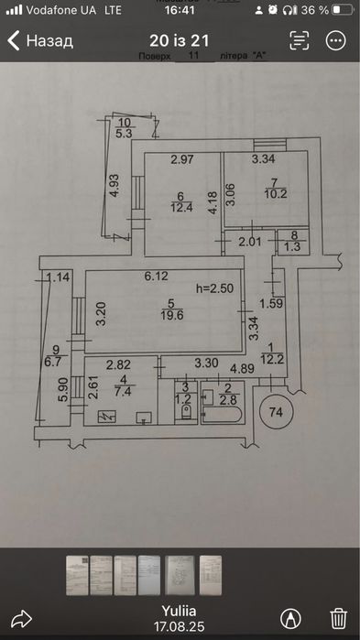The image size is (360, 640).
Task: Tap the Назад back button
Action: pos(40,41)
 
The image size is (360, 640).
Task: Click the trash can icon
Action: pos(338,619)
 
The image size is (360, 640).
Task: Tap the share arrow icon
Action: pos(21,619)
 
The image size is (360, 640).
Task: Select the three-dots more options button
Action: pos(336,40)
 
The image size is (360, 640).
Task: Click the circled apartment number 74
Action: pos(277,412)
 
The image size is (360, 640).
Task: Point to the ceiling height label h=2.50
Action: pos(214,288)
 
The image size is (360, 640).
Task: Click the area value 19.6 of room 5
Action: pos(171,315)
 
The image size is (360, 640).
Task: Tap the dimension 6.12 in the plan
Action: pos(157,277)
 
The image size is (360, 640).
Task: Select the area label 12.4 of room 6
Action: pos(181,207)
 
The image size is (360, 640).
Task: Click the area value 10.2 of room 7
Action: pos(276,193)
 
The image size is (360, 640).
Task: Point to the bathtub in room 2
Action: pos(222,414)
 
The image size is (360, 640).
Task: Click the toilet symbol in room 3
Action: pos(186,412)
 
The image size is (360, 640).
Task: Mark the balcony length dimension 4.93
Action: pos(115,186)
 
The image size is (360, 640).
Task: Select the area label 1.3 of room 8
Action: pos(292,248)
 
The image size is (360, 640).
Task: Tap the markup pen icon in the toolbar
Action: pos(290,619)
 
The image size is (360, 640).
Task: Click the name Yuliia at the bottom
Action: pos(179,611)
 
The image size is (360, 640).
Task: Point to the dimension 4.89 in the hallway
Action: pos(243,368)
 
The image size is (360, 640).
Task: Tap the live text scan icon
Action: pos(300,40)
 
